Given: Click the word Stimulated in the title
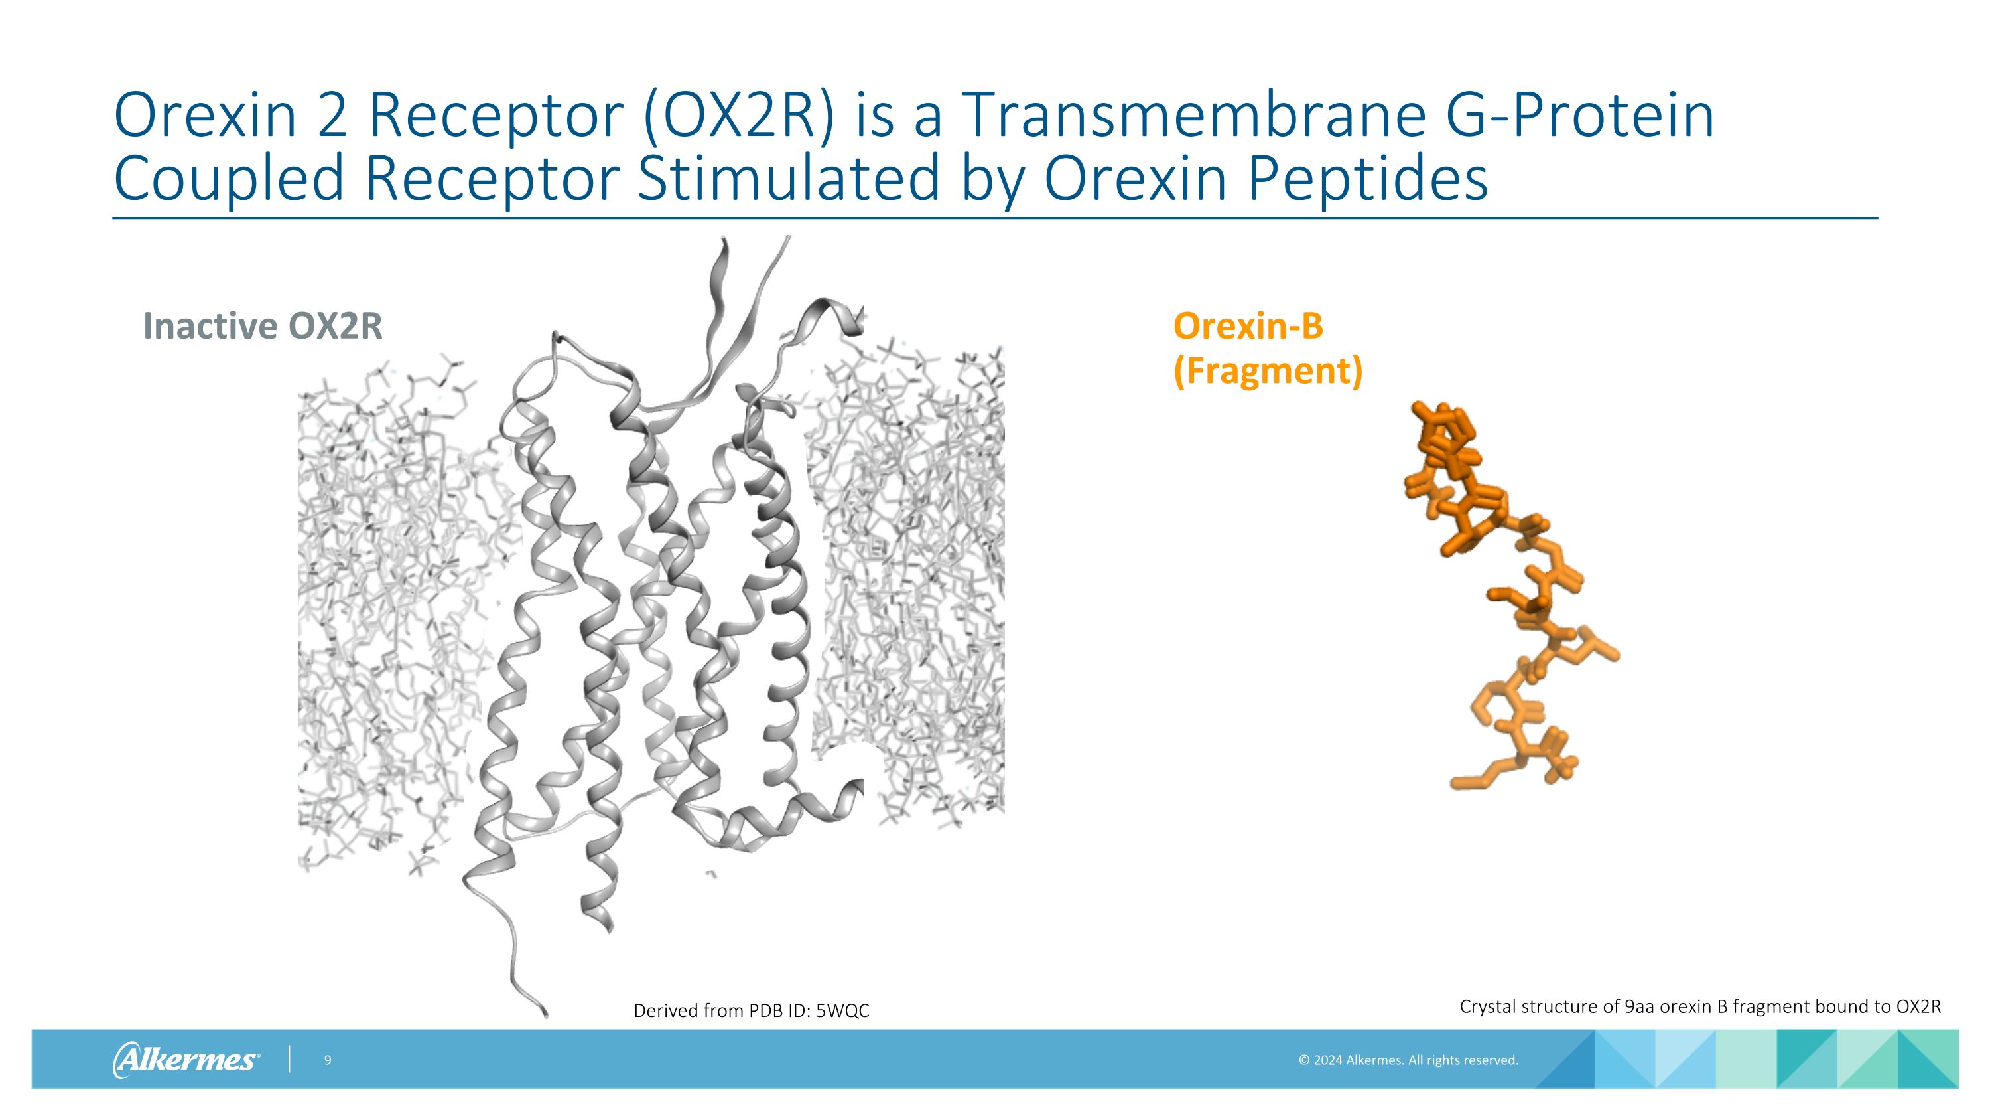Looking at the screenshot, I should point(788,179).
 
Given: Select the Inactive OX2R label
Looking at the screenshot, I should point(263,326).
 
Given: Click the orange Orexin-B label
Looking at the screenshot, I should point(1248,326).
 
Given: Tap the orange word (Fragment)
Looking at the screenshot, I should point(1268,371).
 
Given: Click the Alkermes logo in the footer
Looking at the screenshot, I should point(186,1059).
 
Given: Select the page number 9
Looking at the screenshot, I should point(328,1060).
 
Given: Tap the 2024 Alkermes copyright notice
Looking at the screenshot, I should point(1408,1060).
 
